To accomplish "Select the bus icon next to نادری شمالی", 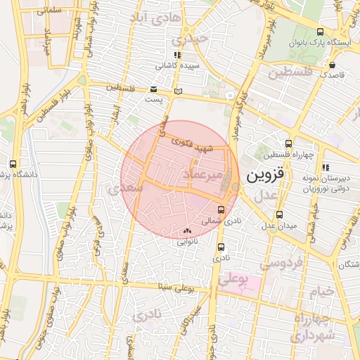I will (x=222, y=210).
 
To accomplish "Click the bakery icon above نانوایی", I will (x=186, y=231).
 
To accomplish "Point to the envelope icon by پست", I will (x=154, y=89).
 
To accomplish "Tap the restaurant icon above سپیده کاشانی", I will (x=177, y=54).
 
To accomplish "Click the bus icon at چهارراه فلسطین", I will (x=289, y=143).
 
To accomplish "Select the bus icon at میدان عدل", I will (x=280, y=214).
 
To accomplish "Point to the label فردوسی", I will (x=281, y=264).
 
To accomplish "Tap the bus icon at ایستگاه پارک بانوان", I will (x=321, y=32).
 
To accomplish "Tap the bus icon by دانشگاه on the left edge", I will (x=13, y=164).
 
